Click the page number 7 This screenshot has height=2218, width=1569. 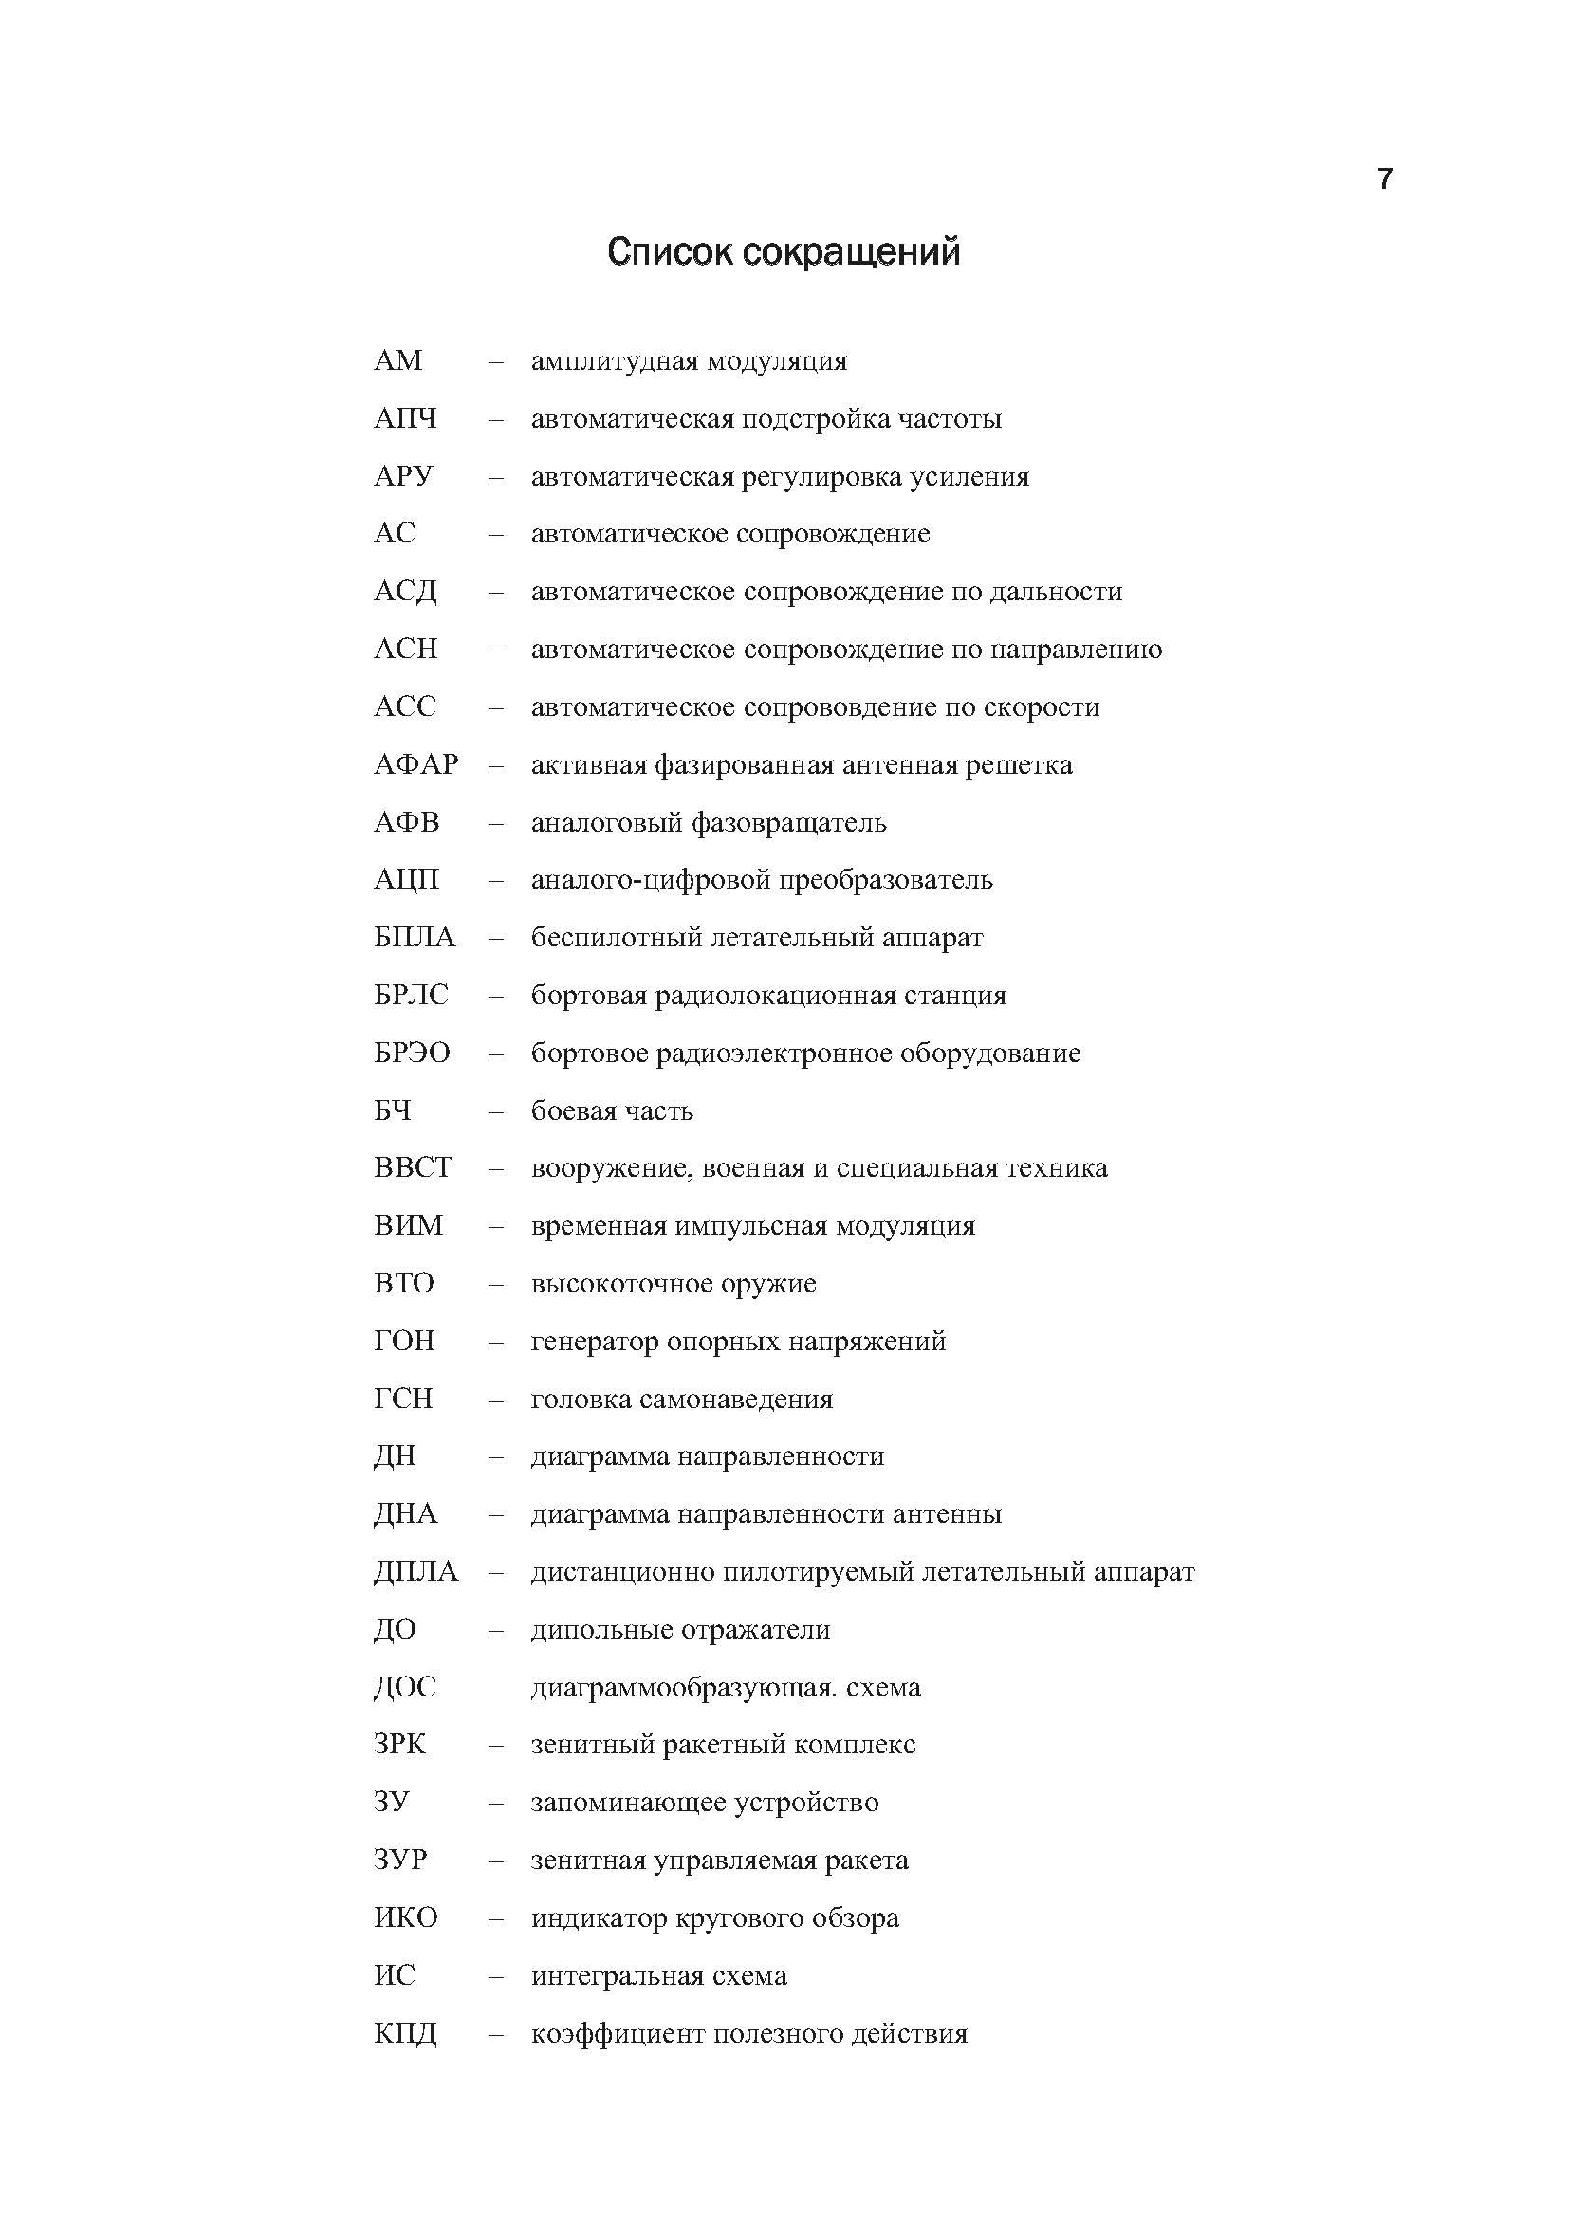[x=1385, y=178]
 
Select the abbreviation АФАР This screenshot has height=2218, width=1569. [x=415, y=765]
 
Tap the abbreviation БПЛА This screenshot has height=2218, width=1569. [x=414, y=938]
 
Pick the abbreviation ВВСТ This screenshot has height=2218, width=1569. [x=413, y=1168]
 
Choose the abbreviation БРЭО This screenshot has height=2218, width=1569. [x=412, y=1053]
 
